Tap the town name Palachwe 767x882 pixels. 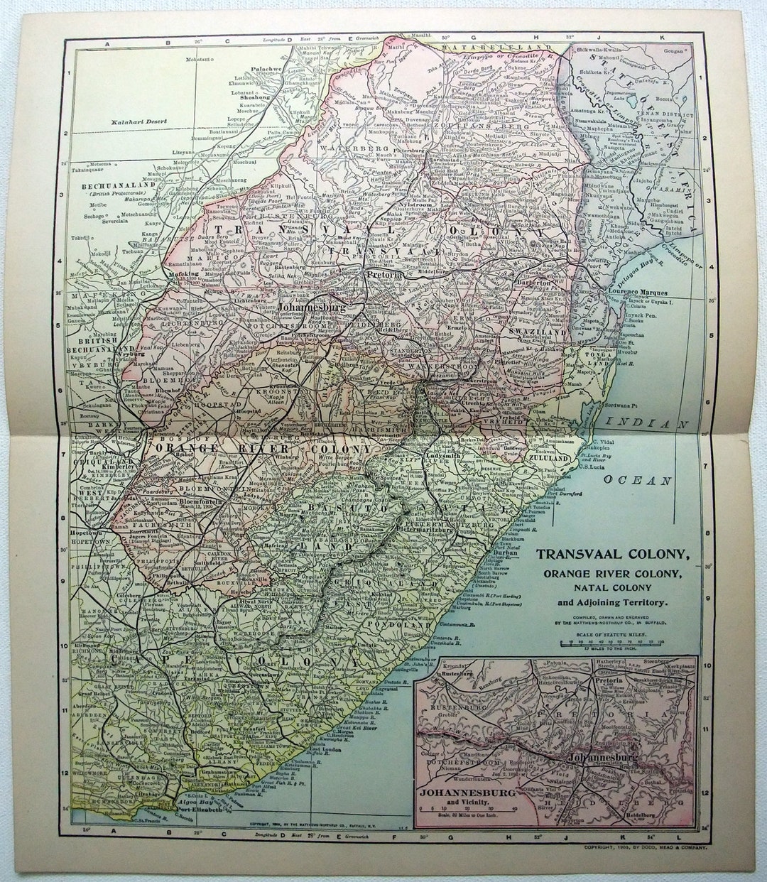(x=267, y=70)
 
